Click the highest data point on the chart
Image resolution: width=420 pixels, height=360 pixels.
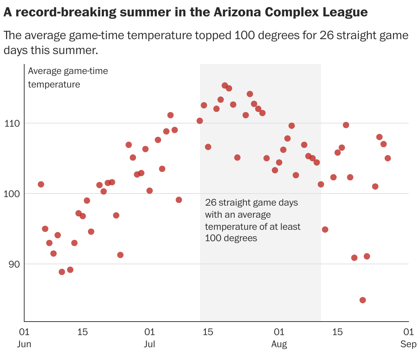tap(225, 85)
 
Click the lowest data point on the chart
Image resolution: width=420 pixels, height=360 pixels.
tap(363, 300)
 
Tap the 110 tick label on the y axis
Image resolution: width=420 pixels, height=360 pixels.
tap(11, 123)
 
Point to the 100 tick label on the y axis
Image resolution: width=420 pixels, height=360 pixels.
tap(11, 194)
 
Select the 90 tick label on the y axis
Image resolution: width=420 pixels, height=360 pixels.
tap(14, 264)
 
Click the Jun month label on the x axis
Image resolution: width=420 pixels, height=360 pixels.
tap(24, 344)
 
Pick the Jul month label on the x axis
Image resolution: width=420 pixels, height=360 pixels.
tap(149, 344)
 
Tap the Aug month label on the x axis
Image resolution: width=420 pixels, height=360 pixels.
tap(279, 344)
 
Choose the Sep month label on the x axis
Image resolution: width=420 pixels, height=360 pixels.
tap(408, 344)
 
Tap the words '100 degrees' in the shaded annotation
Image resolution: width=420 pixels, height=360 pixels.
tap(231, 238)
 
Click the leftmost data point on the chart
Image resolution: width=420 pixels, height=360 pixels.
tap(41, 184)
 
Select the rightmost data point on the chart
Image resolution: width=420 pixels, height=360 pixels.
tap(388, 158)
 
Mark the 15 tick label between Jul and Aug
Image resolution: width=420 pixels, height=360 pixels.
tap(208, 332)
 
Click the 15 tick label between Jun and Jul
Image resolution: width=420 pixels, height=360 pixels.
tap(82, 332)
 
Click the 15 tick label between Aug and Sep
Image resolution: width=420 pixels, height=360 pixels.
tap(337, 332)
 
